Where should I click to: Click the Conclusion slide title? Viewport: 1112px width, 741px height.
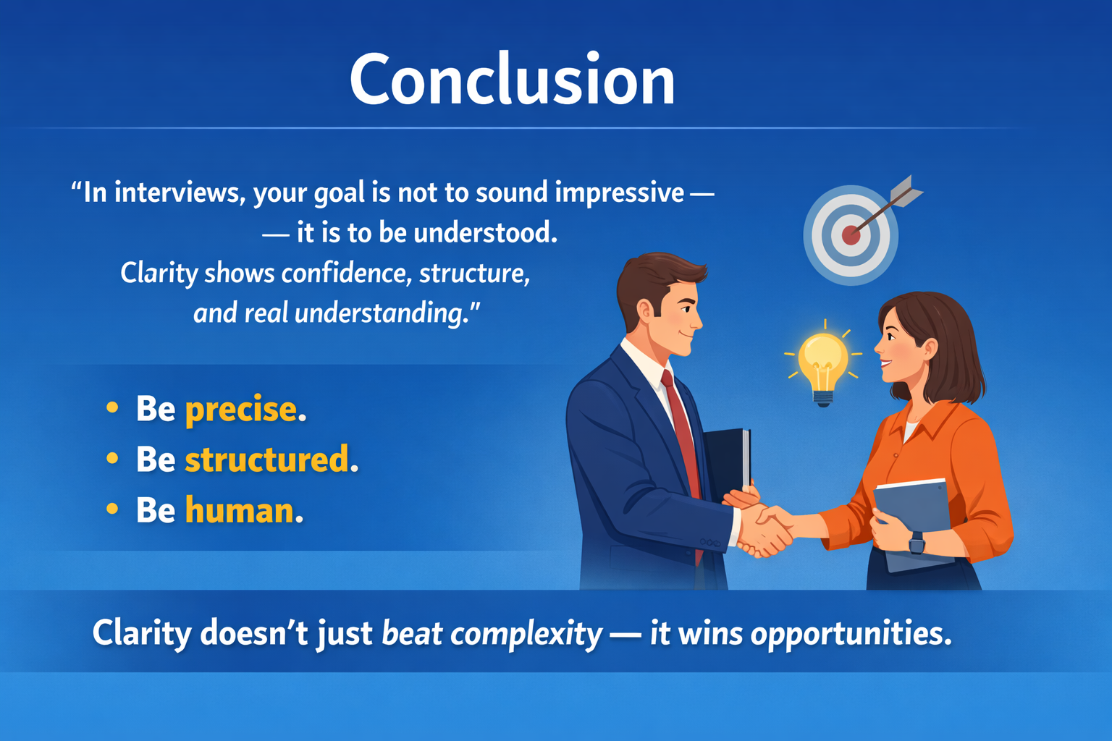pos(513,80)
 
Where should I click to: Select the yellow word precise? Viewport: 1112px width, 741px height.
pos(241,410)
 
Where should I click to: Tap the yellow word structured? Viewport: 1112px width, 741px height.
pos(266,460)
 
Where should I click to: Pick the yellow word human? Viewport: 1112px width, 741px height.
pos(239,511)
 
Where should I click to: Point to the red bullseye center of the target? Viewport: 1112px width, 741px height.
pos(851,235)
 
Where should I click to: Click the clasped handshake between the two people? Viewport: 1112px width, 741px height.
pos(764,528)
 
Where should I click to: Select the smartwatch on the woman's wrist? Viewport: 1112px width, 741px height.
pos(917,542)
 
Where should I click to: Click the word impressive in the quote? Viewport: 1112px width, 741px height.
pos(619,193)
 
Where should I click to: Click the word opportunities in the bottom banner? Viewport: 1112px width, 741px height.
pos(851,634)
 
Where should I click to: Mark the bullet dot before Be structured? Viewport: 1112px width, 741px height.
pos(112,459)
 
